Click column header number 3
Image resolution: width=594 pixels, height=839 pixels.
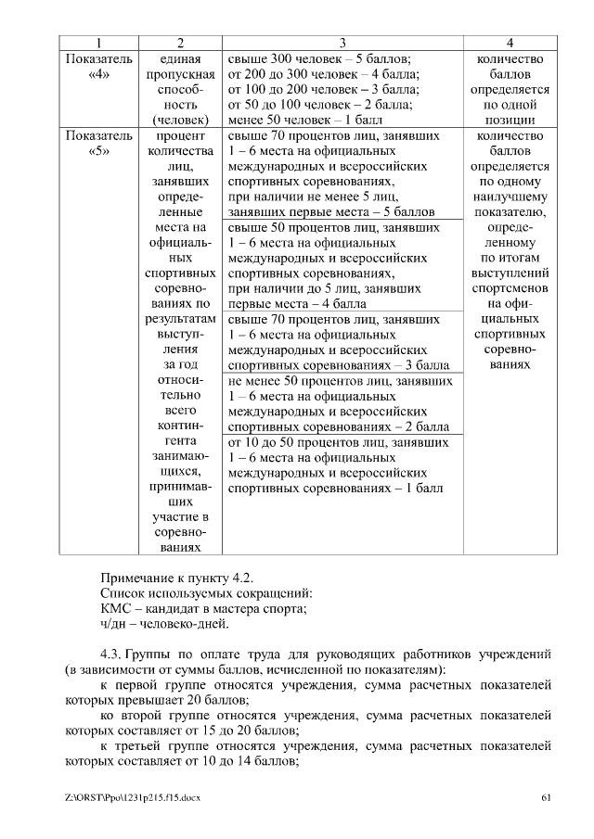coord(342,43)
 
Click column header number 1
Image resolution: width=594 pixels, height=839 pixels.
coord(99,43)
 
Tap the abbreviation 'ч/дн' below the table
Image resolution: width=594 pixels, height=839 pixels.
coord(113,624)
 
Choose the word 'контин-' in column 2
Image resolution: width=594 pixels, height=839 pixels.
coord(180,425)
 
